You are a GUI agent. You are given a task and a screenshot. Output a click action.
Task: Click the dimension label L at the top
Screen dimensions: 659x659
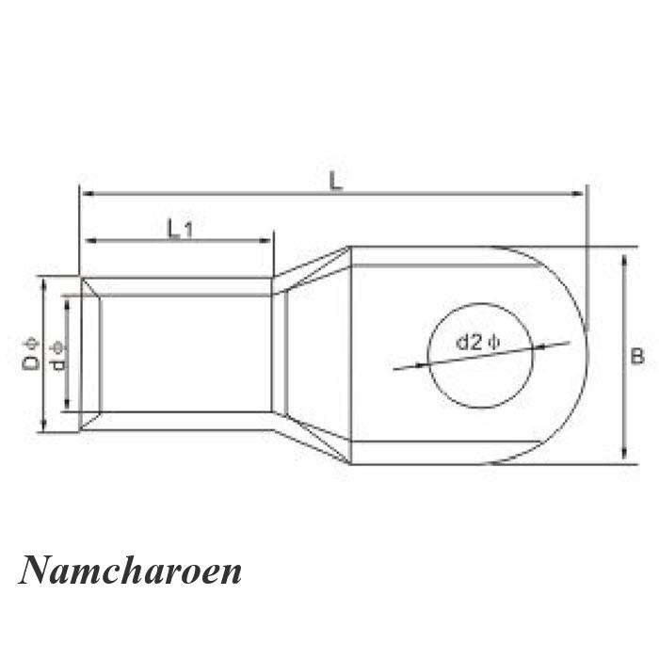(x=335, y=181)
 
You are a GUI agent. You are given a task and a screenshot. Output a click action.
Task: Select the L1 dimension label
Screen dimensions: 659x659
(x=180, y=229)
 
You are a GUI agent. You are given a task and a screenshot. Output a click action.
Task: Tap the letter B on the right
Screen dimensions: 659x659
(x=637, y=357)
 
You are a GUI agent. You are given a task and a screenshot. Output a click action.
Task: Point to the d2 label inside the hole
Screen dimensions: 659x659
(x=470, y=343)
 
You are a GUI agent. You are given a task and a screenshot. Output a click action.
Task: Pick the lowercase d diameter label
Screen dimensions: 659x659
(x=58, y=364)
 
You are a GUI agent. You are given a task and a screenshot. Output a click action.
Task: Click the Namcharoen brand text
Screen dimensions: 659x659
(x=130, y=571)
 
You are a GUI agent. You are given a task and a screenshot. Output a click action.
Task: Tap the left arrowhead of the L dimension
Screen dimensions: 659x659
(x=87, y=193)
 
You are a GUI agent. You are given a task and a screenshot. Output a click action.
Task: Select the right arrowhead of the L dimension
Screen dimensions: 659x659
(x=578, y=193)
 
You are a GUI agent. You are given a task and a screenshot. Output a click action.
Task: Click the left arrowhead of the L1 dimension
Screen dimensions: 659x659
(x=91, y=240)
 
